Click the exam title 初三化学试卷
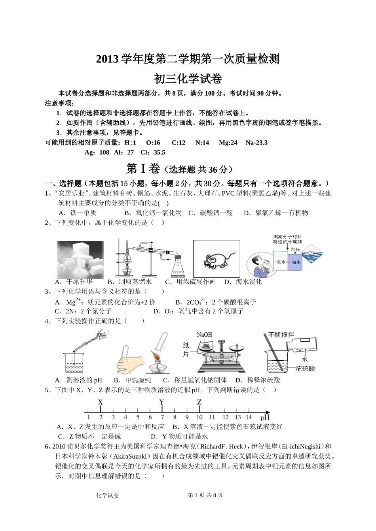(188, 79)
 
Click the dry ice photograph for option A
(80, 260)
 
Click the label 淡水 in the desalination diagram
(281, 262)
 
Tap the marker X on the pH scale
(101, 403)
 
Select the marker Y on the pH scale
(162, 403)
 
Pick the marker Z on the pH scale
(199, 403)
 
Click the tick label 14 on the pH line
(248, 417)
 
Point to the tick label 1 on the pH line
(88, 417)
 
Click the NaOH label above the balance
(204, 335)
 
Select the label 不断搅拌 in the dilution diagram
(281, 335)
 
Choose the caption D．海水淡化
(243, 282)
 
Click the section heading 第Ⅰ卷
(142, 169)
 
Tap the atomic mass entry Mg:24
(228, 143)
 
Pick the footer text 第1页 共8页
(205, 495)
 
